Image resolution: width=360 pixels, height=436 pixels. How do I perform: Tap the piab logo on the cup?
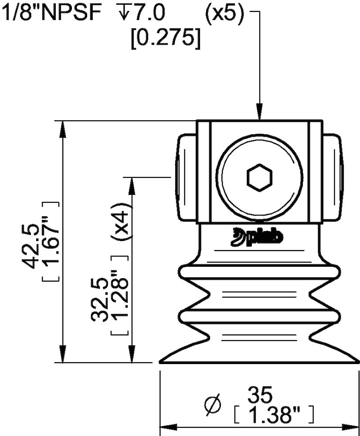coord(256,237)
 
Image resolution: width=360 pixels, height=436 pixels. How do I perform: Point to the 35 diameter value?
coord(260,395)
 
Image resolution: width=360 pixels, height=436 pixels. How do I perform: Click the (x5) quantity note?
coord(224,13)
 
